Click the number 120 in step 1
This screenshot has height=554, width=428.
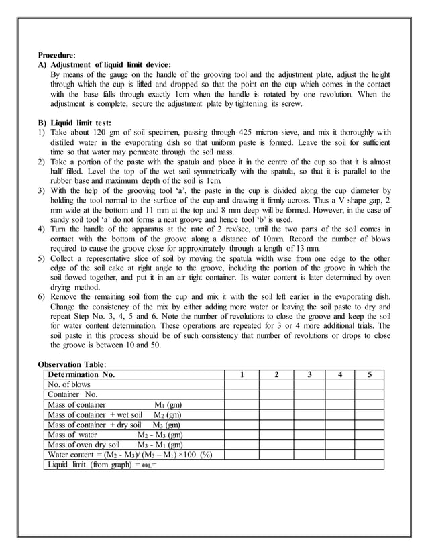95,133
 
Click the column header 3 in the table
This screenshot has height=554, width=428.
309,375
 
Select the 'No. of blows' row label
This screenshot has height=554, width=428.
68,385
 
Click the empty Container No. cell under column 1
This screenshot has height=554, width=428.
242,395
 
